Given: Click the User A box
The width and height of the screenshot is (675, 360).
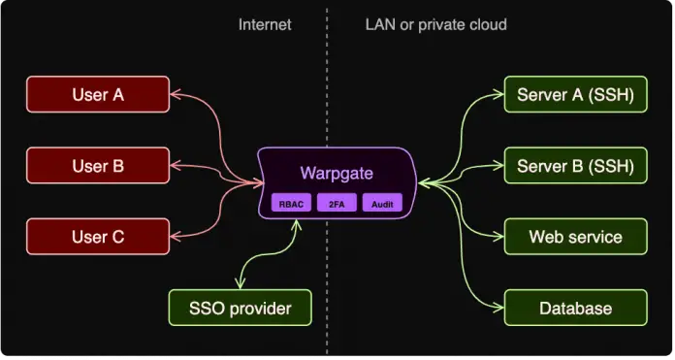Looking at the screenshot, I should coord(97,95).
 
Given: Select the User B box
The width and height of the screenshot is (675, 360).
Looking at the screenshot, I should coord(97,166).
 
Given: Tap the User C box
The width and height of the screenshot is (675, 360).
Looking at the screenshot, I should coord(97,237).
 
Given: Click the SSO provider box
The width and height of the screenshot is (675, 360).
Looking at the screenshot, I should coord(241,309).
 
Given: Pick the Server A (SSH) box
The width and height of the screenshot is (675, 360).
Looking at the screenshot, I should coord(575,95).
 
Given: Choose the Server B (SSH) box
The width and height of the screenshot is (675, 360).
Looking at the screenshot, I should coord(575,166).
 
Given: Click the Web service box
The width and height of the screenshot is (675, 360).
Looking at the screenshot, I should coord(575,237).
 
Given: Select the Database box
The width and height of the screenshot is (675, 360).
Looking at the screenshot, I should coord(575,309).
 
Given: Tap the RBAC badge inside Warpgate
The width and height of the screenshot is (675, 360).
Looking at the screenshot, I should coord(290,204).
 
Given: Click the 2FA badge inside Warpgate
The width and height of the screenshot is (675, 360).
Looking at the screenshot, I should coord(337,204).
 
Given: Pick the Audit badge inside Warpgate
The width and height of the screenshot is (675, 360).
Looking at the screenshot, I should coord(381,204).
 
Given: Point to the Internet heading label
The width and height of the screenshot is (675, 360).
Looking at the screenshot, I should coord(265,24).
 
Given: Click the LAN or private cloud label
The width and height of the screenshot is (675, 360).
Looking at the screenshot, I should coord(435,24).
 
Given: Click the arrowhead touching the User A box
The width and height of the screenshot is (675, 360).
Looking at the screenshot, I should coord(177,95).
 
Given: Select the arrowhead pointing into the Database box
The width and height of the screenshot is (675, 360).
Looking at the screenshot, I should coord(498,309).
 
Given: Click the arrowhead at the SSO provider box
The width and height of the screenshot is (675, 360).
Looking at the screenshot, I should coord(241,283).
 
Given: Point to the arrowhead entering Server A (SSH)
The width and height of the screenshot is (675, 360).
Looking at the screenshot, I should coord(498,95).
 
